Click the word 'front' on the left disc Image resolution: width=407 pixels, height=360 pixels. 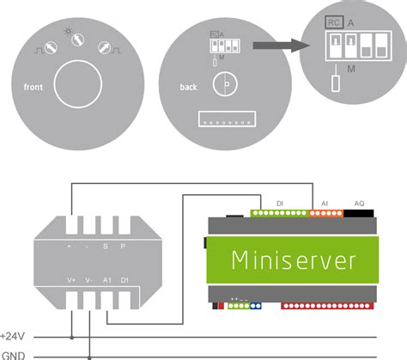(x=33, y=87)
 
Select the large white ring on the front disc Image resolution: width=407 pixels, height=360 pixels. (x=79, y=88)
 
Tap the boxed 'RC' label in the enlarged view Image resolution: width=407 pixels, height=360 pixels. (x=334, y=21)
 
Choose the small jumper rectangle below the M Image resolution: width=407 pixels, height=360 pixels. (x=335, y=83)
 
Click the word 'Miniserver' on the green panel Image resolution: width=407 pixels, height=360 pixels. (x=294, y=259)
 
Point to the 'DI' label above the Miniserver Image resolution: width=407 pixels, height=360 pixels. (x=280, y=203)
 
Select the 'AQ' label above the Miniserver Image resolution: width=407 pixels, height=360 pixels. (x=359, y=203)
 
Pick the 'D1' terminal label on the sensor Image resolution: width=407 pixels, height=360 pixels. (x=126, y=278)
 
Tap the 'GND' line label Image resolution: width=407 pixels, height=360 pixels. (x=13, y=354)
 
